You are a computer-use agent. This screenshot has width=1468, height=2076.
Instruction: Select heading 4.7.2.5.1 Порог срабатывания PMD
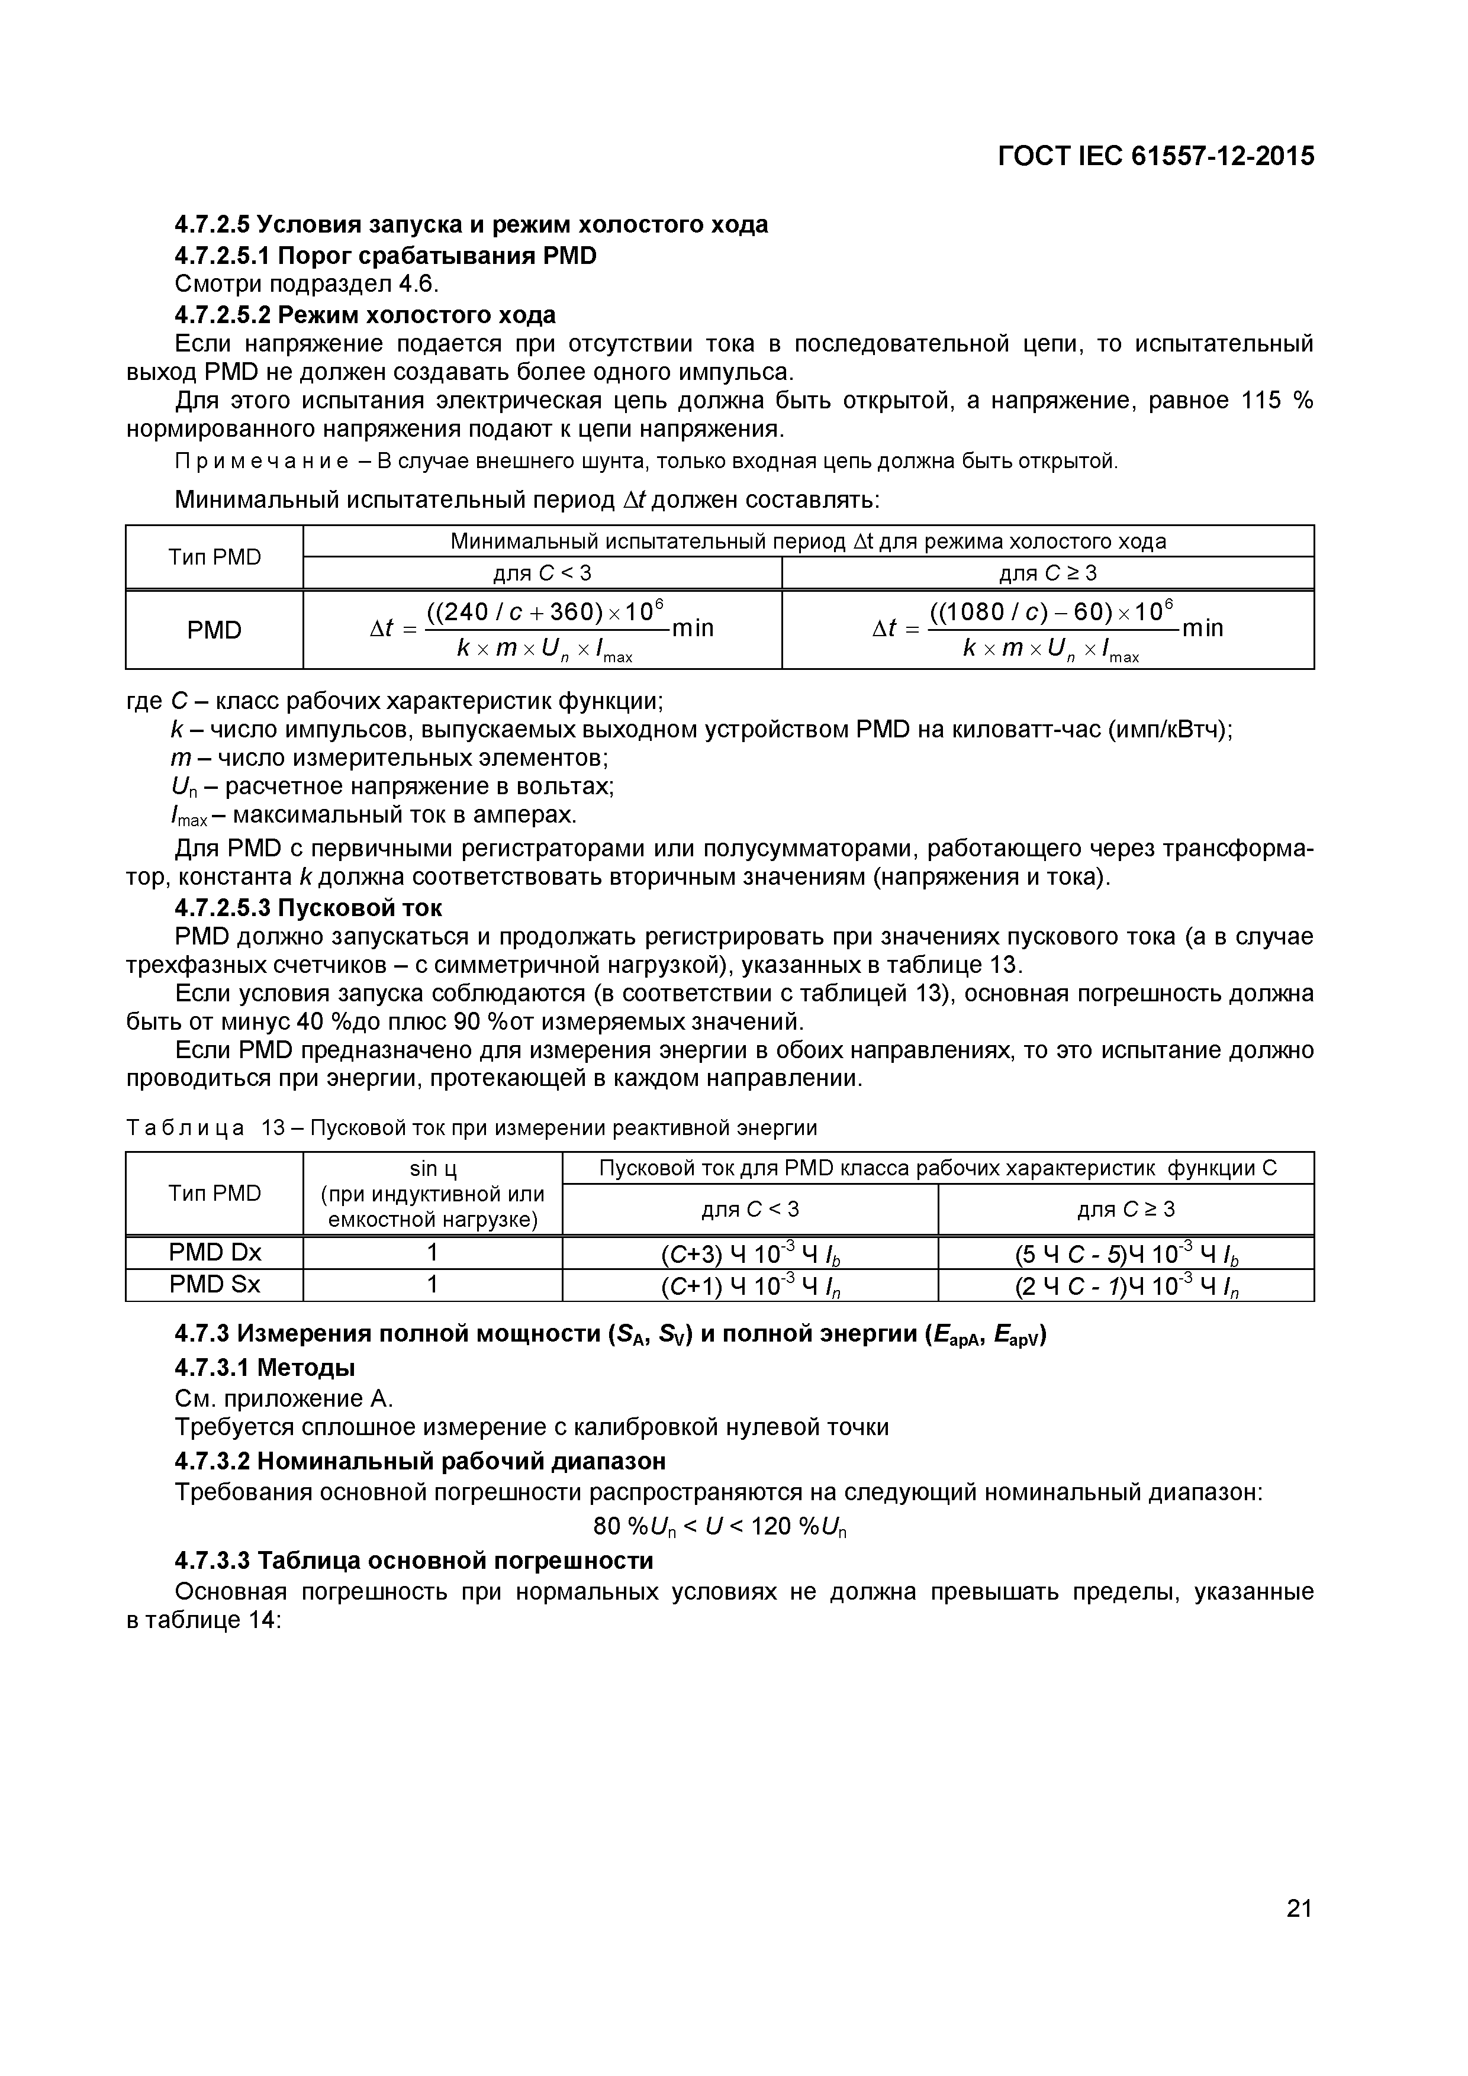coord(385,256)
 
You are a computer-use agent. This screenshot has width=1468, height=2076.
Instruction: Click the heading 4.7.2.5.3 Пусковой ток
coord(308,907)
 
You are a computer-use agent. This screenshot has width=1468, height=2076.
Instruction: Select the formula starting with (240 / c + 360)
coord(543,629)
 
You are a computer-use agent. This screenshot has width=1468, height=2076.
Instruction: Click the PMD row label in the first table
coord(214,630)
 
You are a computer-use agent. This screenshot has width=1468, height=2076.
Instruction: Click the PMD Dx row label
coord(214,1252)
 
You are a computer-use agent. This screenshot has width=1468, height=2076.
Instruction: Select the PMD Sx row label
coord(214,1285)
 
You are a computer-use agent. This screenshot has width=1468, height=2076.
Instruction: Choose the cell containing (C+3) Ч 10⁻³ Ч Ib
coord(750,1253)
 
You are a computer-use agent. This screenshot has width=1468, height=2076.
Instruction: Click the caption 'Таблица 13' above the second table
coord(217,1127)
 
